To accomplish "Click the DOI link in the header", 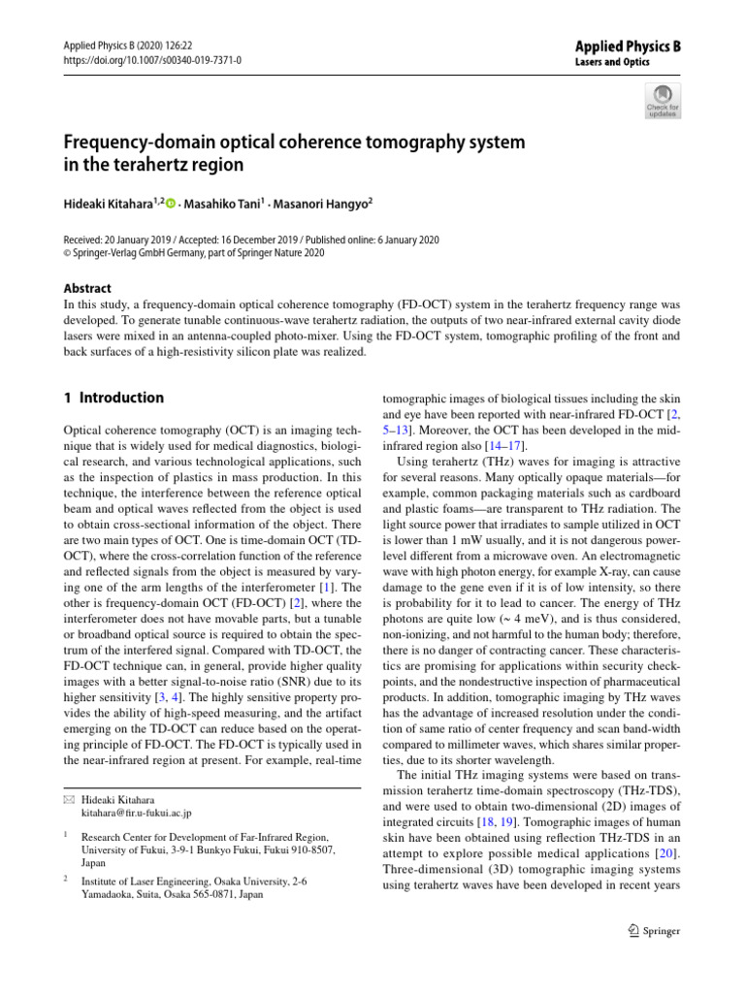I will click(152, 60).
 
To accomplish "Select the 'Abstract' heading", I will click(87, 288).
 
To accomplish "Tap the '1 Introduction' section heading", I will click(113, 398).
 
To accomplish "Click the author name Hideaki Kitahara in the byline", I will click(110, 205).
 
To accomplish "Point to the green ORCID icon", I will click(172, 205).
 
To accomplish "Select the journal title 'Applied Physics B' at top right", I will click(630, 45).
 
